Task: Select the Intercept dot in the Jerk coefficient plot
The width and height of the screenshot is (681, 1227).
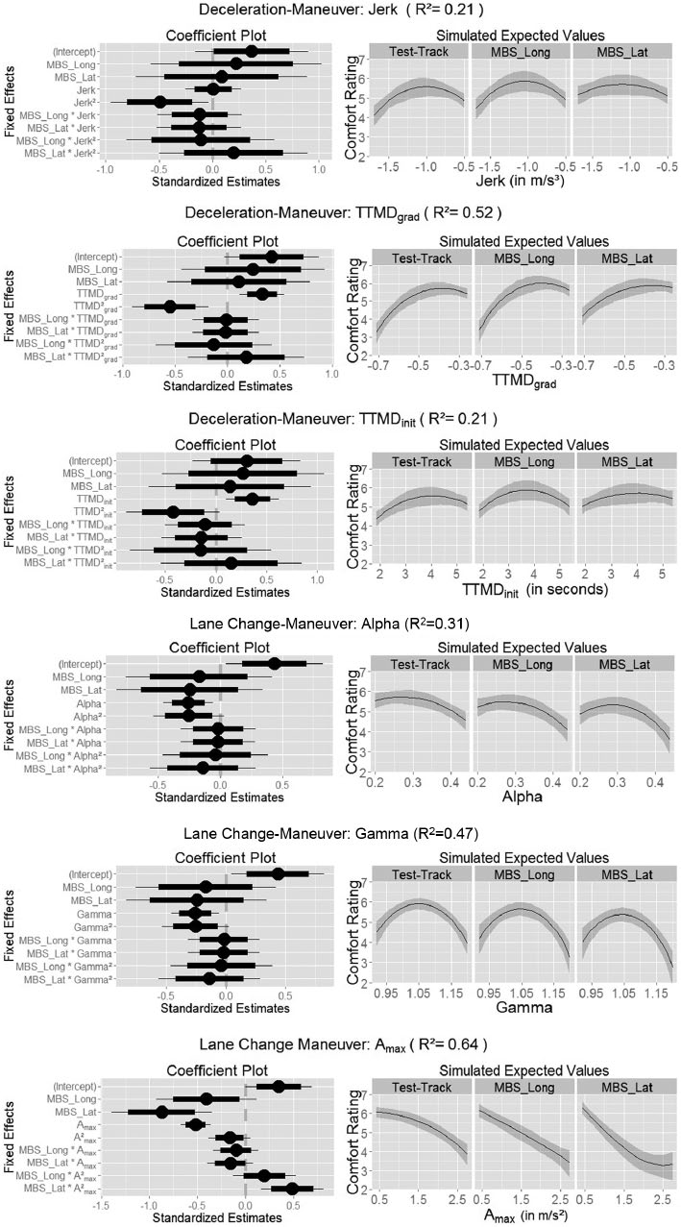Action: pyautogui.click(x=252, y=51)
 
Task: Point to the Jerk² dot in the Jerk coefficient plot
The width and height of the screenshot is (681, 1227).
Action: pyautogui.click(x=161, y=102)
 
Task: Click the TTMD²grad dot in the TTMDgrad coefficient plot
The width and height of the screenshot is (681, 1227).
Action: pyautogui.click(x=170, y=307)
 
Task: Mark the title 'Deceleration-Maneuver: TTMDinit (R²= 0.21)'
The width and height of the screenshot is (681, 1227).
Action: pyautogui.click(x=340, y=419)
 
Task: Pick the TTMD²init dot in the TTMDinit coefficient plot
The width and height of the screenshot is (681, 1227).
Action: pyautogui.click(x=173, y=511)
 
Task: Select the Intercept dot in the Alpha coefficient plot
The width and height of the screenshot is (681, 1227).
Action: pyautogui.click(x=274, y=663)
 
